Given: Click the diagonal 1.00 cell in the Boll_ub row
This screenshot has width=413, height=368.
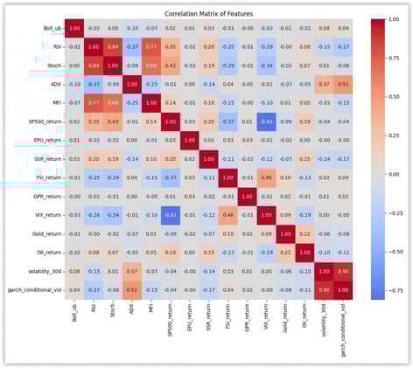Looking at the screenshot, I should pyautogui.click(x=74, y=29).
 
